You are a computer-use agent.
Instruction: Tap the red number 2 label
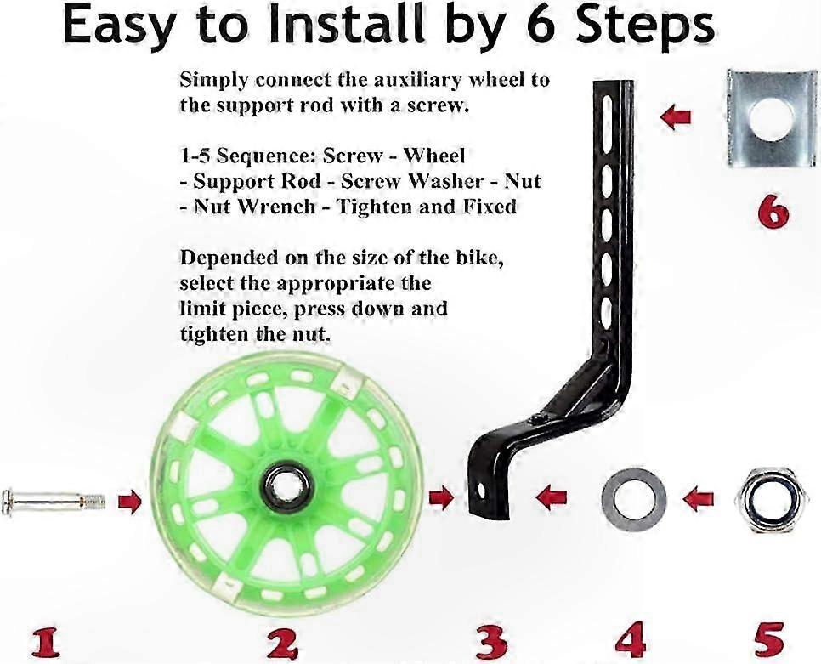point(283,643)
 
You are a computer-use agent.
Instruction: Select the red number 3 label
point(491,643)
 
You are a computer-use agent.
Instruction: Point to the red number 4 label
point(631,640)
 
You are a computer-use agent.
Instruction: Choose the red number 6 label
point(773,213)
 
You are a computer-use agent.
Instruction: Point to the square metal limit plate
point(771,118)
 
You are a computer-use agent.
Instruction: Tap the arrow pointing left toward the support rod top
point(676,116)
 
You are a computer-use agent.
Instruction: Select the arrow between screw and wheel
point(130,502)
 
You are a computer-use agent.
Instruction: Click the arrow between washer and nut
point(699,498)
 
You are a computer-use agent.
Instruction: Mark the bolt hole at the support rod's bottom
point(482,491)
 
